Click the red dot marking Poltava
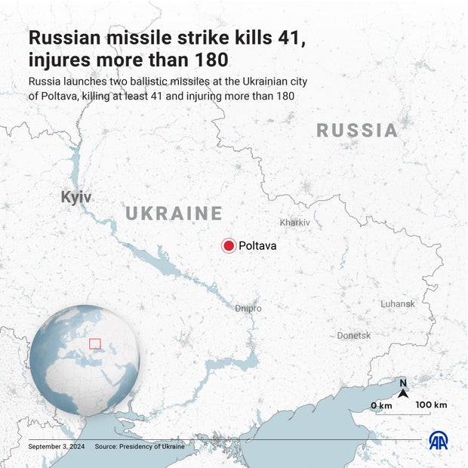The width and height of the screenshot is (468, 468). click(x=229, y=245)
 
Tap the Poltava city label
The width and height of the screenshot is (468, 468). click(x=257, y=245)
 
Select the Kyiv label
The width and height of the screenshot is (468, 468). click(x=76, y=197)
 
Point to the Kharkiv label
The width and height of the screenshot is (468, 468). click(x=294, y=223)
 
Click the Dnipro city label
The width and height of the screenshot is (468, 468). click(x=248, y=309)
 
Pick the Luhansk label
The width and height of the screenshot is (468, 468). click(x=398, y=303)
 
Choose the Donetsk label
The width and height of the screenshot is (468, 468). click(x=354, y=335)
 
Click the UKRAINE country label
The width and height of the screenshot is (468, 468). click(x=174, y=214)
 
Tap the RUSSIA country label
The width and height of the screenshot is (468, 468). click(x=357, y=131)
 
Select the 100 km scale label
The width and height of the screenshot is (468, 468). click(x=431, y=405)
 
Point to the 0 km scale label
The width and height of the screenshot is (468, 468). click(x=381, y=406)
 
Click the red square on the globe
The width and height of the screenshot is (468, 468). click(x=94, y=343)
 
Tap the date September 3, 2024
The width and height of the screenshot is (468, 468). click(x=57, y=447)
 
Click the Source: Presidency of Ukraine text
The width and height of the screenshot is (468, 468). click(x=140, y=447)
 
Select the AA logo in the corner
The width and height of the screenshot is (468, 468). click(x=438, y=441)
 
